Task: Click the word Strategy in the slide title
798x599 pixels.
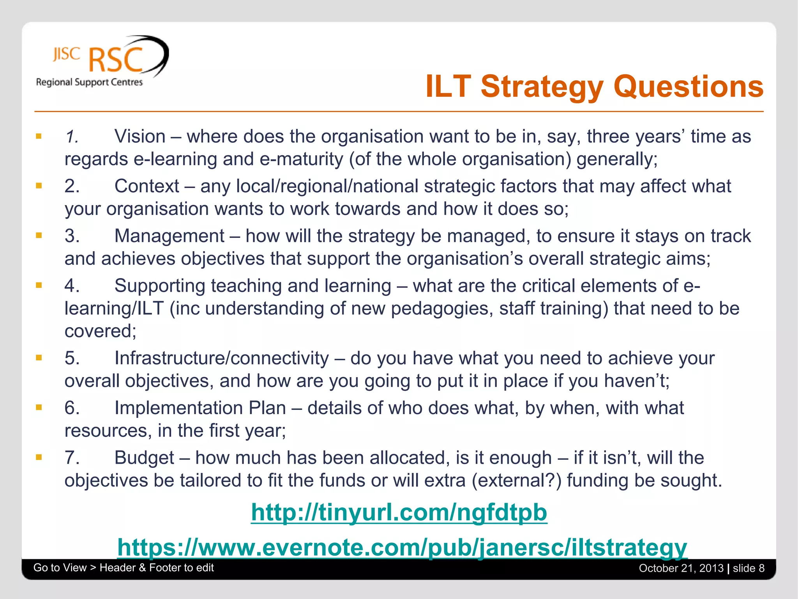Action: (542, 87)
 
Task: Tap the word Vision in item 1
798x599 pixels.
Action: (140, 136)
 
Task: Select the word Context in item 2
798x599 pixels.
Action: (147, 186)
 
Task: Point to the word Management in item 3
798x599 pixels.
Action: (169, 236)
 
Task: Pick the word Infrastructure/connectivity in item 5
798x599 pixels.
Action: (222, 358)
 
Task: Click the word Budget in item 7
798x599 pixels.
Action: (144, 458)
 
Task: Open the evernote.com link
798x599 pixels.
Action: (402, 547)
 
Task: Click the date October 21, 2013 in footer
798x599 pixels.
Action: (681, 568)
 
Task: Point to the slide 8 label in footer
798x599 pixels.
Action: (749, 568)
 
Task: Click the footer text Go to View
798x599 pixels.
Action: (60, 567)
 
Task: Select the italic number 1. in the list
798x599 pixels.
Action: (72, 136)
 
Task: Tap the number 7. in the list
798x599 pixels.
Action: (72, 458)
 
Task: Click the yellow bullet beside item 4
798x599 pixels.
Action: (39, 285)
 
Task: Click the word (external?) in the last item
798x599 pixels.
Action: (517, 480)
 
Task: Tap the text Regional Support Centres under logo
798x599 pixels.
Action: (89, 82)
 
